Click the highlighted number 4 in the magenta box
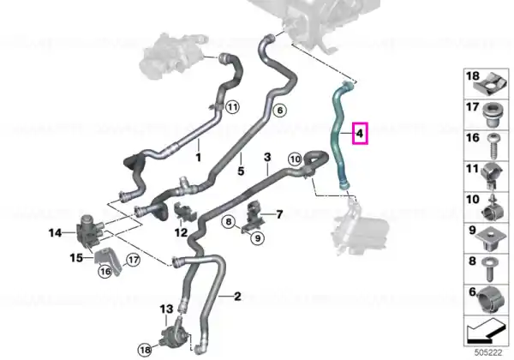(360, 134)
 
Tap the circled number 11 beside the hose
(232, 107)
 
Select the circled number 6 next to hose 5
(279, 111)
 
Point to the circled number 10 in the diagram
(295, 159)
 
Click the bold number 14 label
(55, 233)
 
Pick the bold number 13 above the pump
(166, 309)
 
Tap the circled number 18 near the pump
(145, 350)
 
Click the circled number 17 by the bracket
(133, 260)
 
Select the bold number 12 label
(181, 233)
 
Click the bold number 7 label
(279, 214)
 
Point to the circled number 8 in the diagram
(229, 222)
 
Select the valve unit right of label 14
(89, 231)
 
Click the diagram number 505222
(488, 353)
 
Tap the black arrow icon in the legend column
(486, 331)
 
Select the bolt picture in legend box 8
(490, 269)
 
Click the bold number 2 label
(237, 297)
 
